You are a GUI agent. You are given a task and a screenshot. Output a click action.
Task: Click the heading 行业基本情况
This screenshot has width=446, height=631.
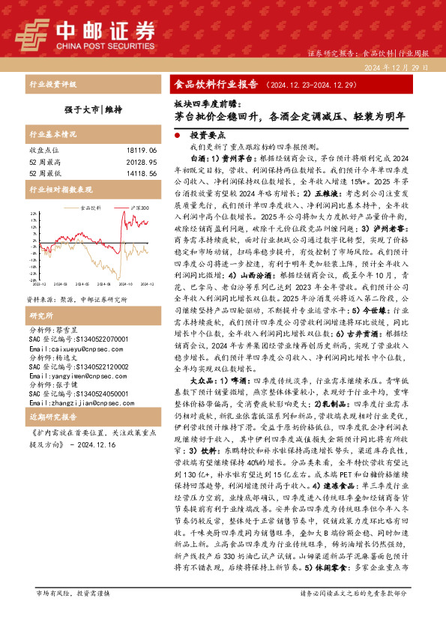[52, 135]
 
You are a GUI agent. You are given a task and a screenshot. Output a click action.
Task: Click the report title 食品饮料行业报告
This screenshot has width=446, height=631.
[216, 84]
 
